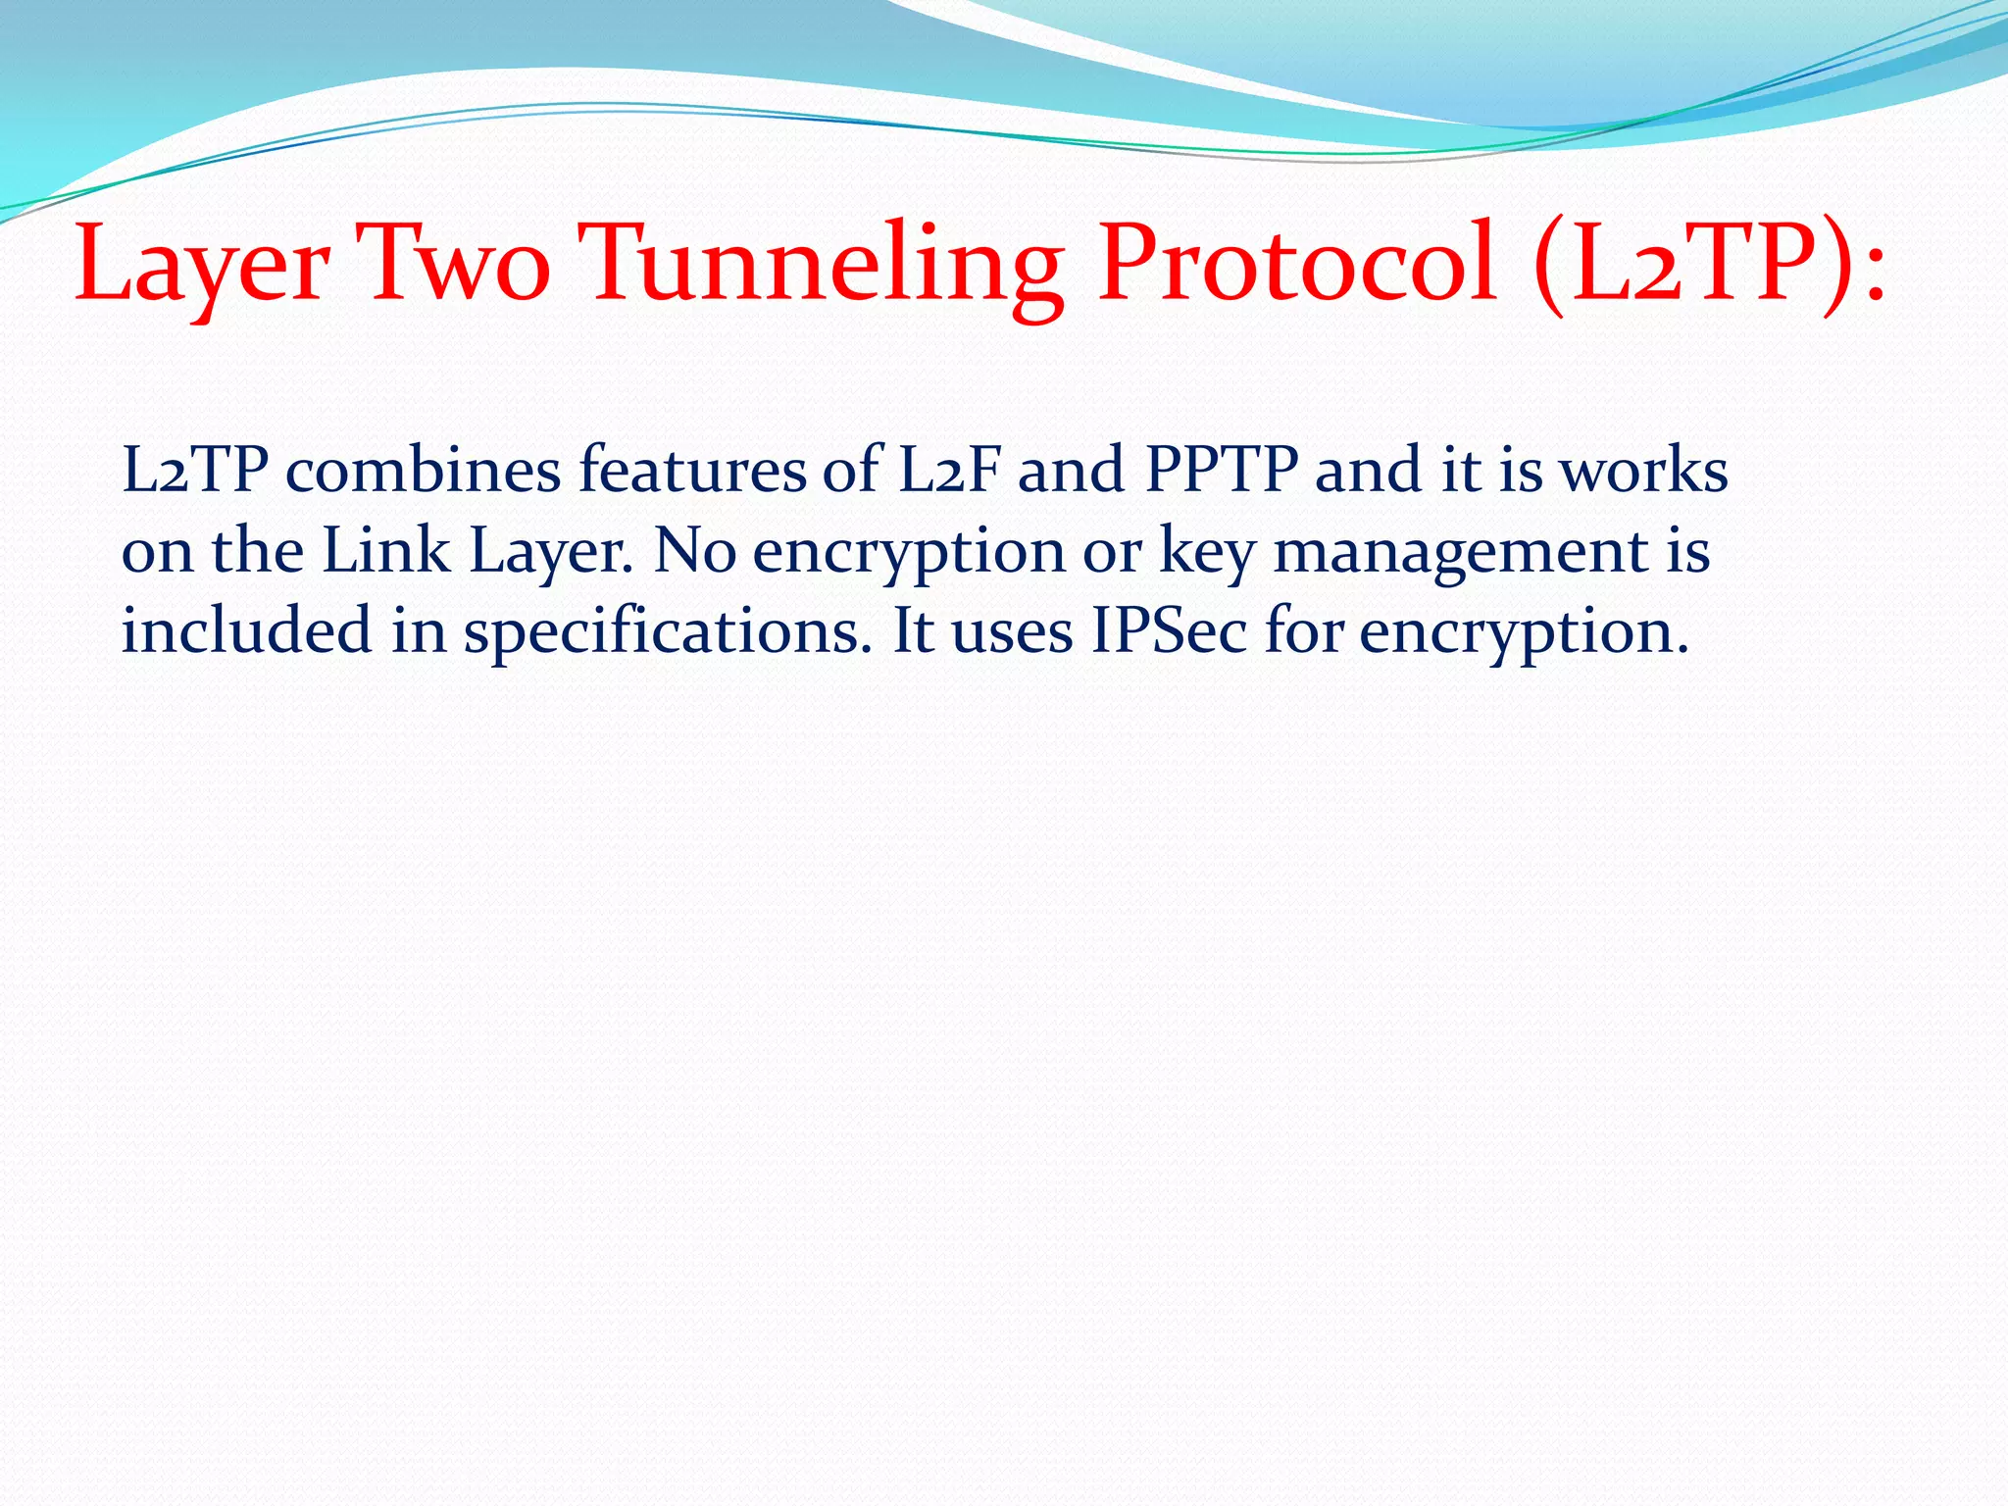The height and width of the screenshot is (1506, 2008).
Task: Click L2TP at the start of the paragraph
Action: (195, 470)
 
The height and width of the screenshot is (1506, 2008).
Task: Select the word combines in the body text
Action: (423, 470)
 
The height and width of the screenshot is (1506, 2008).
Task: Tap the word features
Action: (691, 470)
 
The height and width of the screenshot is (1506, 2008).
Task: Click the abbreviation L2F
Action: (948, 470)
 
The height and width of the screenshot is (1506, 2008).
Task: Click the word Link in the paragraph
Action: (386, 550)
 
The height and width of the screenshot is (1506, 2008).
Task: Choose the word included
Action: (246, 630)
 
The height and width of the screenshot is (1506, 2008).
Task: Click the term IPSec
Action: (1169, 630)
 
